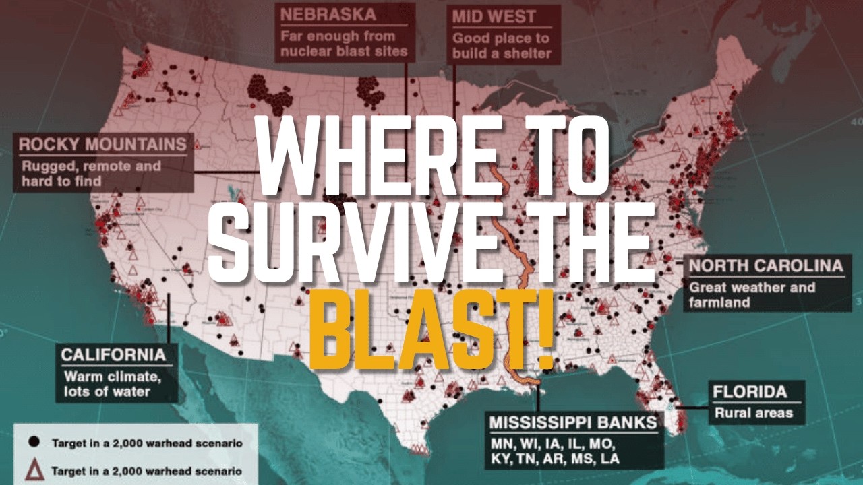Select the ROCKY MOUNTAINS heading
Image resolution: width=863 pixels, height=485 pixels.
tap(102, 144)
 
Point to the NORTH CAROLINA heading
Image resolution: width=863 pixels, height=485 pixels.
tap(766, 265)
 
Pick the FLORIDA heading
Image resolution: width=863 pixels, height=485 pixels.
tap(750, 391)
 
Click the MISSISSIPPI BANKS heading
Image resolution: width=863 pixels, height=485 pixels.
tap(573, 422)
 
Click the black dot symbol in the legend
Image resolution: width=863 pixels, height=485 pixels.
tap(33, 443)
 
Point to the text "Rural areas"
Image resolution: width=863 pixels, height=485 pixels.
tap(754, 412)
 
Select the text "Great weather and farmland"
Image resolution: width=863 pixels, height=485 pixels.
tap(752, 295)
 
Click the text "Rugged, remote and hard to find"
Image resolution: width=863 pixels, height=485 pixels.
tap(91, 173)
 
